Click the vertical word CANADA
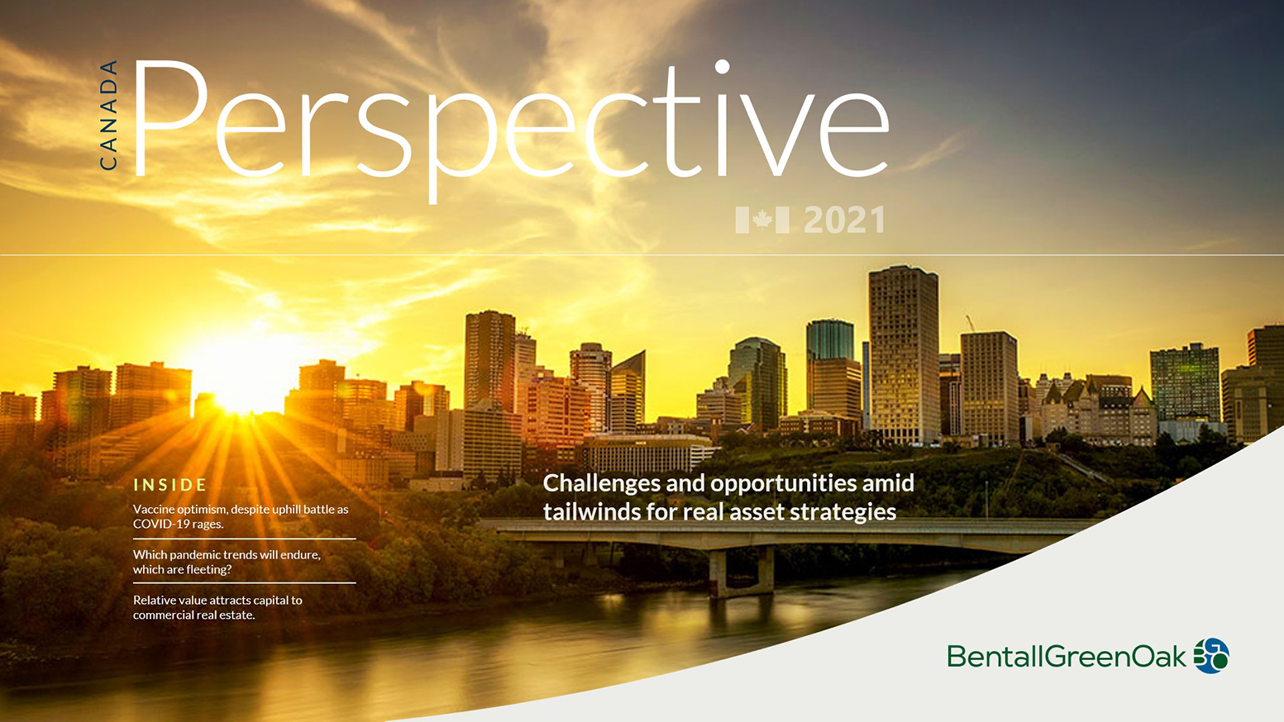pos(108,115)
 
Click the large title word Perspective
pos(508,124)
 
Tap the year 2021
pos(844,221)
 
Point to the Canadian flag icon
pos(761,220)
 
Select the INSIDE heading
pos(170,485)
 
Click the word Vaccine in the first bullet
pos(154,509)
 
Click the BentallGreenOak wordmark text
pos(1067,657)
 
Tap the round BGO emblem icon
pos(1211,656)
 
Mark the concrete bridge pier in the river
pos(741,570)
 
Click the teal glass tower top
pos(829,339)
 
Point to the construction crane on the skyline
pos(970,322)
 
